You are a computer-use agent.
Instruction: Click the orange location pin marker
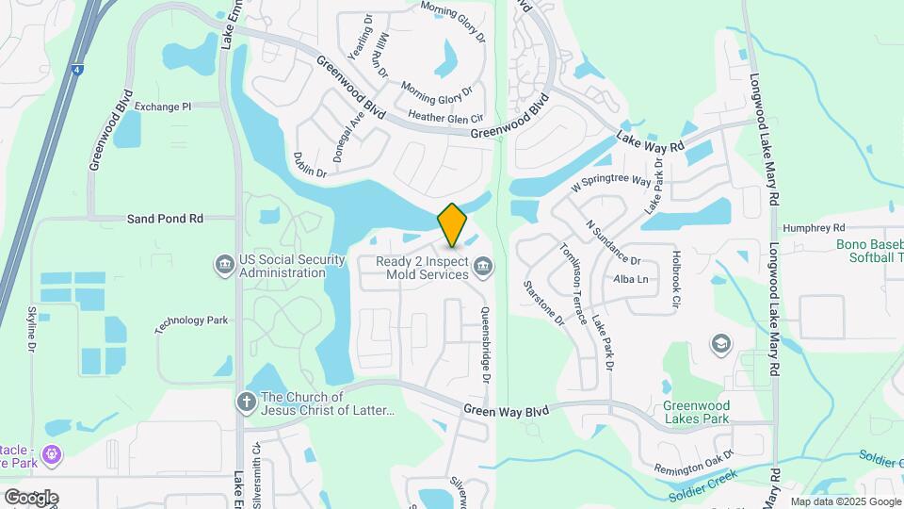[x=452, y=224]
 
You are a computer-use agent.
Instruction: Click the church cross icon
[x=246, y=402]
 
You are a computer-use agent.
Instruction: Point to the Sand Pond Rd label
[x=165, y=219]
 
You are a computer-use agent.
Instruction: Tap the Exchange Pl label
[x=162, y=107]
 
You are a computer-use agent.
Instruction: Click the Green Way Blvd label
[x=506, y=409]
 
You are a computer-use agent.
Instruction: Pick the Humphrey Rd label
[x=814, y=227]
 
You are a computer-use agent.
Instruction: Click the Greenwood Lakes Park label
[x=697, y=412]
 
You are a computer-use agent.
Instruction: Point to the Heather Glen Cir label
[x=444, y=118]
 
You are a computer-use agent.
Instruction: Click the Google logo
[x=31, y=497]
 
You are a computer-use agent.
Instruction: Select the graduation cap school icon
[x=722, y=342]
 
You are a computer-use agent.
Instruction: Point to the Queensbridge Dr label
[x=486, y=345]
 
